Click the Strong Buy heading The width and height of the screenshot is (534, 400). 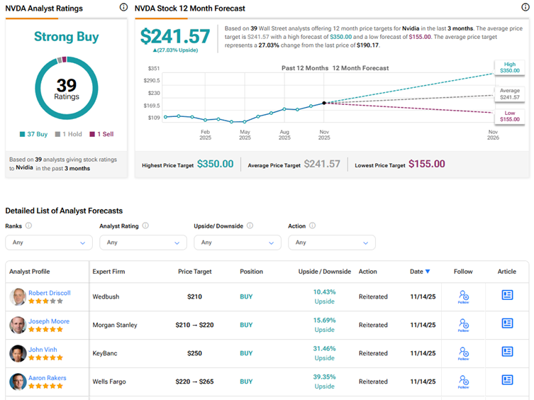point(67,36)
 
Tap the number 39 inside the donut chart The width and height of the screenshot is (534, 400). point(67,85)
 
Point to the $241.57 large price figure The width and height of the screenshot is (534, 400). point(175,36)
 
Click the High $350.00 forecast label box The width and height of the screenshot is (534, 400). point(510,68)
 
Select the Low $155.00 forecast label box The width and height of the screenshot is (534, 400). point(510,116)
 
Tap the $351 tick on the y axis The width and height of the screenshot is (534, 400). point(153,68)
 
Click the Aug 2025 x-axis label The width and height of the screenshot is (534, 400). point(284,135)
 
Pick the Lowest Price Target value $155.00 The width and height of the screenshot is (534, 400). point(427,164)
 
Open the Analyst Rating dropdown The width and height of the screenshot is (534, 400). point(143,242)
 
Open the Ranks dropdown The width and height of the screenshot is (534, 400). point(48,242)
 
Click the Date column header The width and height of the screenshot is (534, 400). point(420,272)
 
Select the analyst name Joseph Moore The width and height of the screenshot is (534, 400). point(49,321)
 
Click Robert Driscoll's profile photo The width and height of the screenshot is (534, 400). point(18,296)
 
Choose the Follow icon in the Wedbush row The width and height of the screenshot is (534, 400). point(464,296)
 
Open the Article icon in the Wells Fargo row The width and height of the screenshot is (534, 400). point(507,380)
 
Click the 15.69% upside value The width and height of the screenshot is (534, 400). point(324,321)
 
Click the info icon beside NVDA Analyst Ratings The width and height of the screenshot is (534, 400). point(124,8)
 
